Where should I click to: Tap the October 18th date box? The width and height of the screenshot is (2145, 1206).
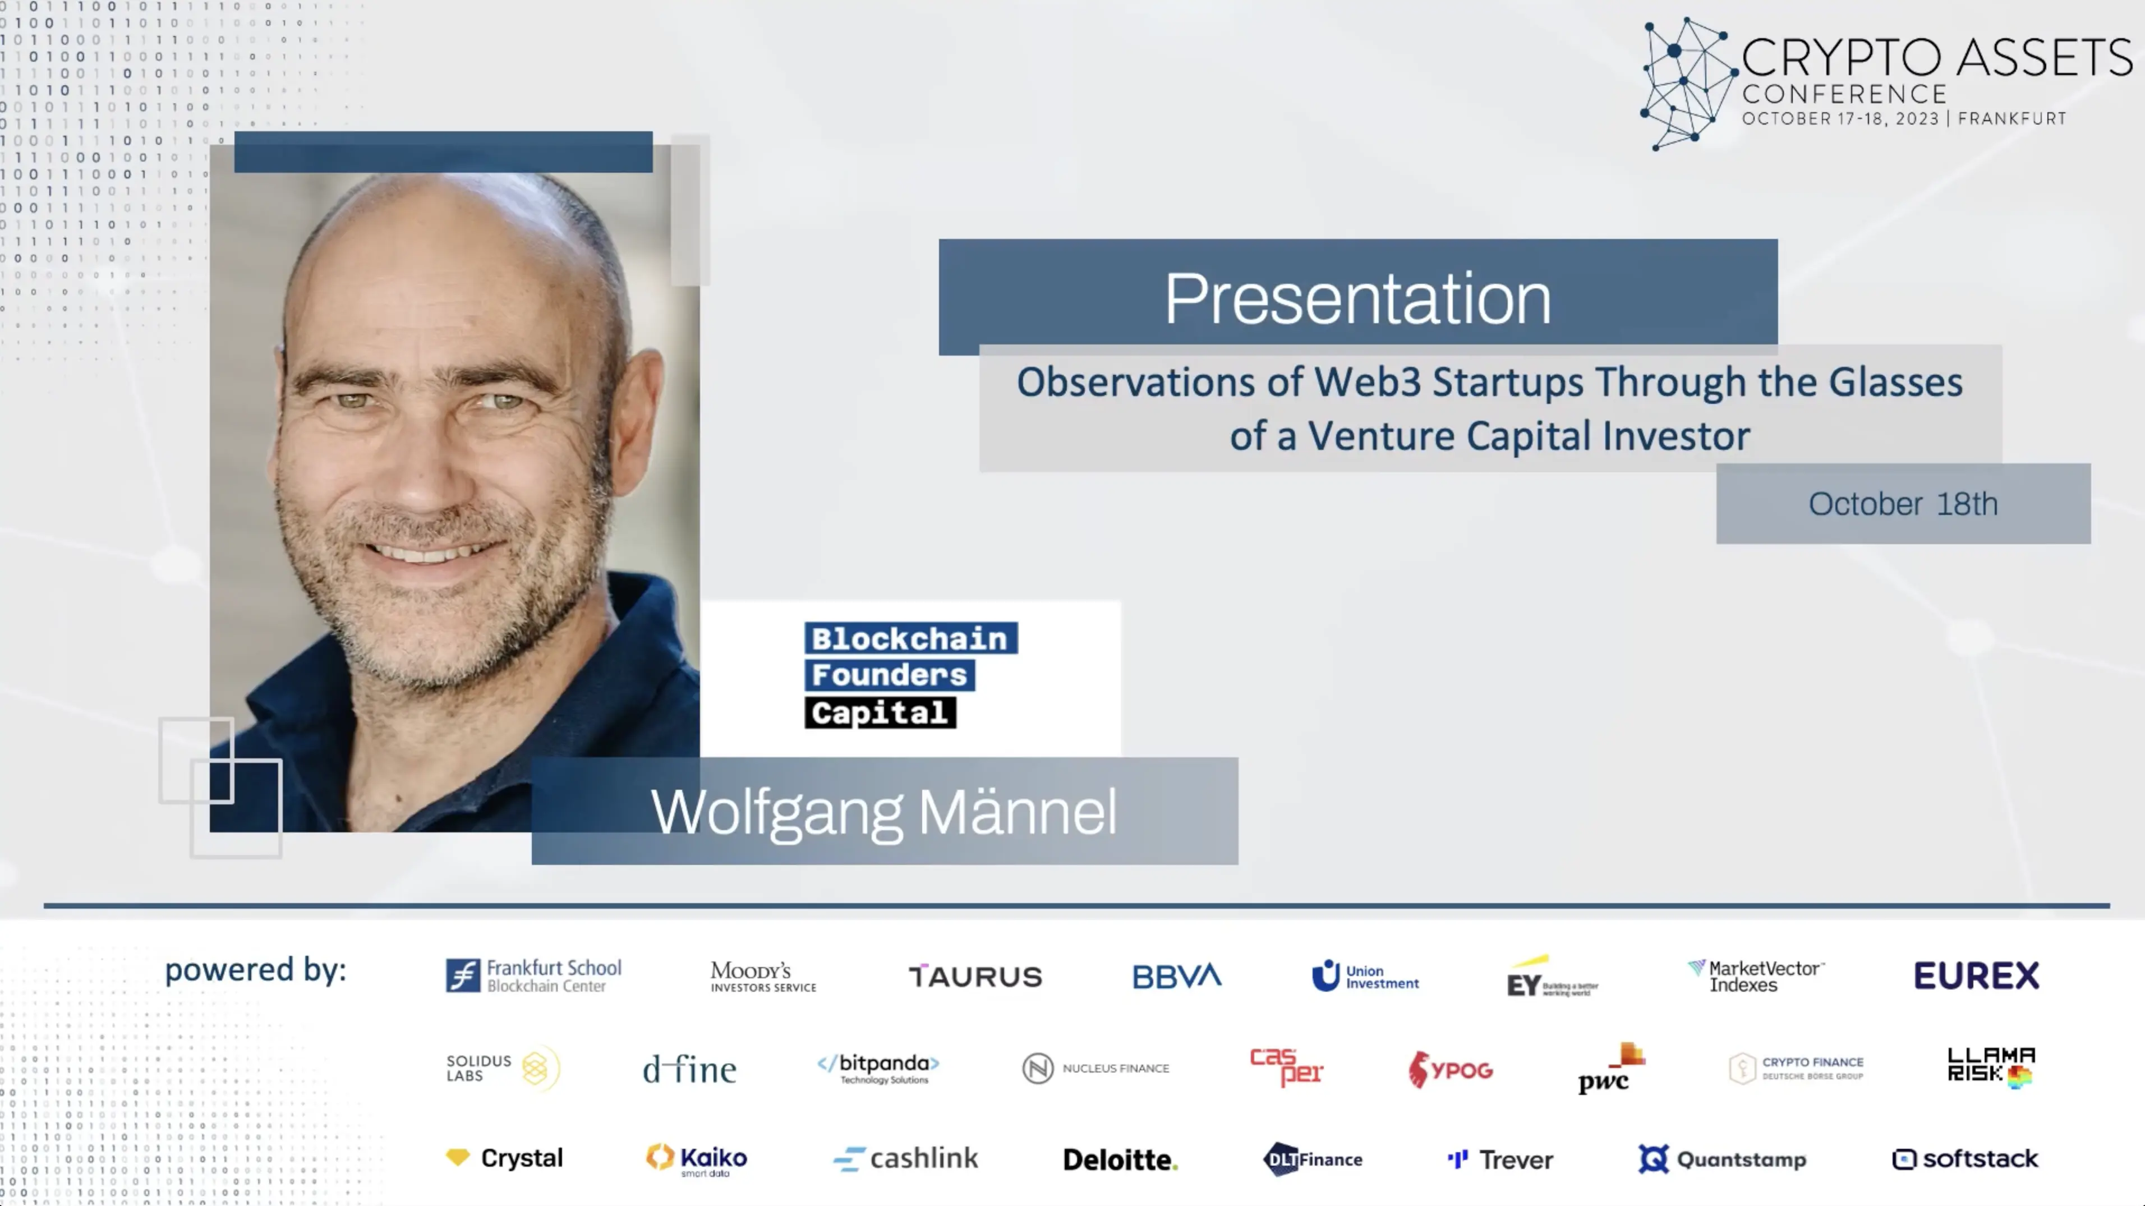[1903, 504]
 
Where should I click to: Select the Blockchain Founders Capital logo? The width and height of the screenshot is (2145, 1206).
[910, 675]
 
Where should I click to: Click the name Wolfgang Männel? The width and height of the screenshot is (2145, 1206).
[883, 812]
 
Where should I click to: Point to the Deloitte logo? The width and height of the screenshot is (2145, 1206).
[1120, 1159]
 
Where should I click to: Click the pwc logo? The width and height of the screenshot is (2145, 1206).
[1609, 1069]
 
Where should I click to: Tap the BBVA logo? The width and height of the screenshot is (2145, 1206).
[1177, 976]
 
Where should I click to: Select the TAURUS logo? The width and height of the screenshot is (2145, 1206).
[975, 976]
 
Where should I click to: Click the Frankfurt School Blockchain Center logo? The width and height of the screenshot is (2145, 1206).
[534, 975]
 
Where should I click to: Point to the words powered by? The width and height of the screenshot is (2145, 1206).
[256, 970]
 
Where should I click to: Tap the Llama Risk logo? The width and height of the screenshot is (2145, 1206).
[1991, 1067]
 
